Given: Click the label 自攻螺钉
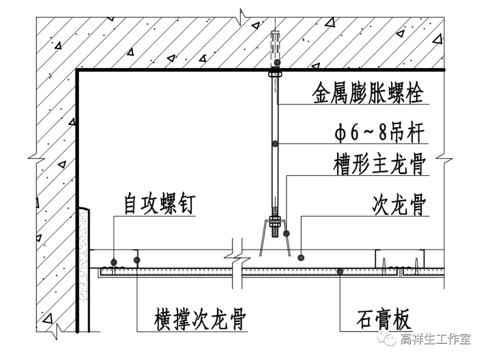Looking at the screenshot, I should pyautogui.click(x=160, y=204).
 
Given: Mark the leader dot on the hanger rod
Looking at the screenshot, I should pyautogui.click(x=276, y=144).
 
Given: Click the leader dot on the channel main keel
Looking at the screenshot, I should pyautogui.click(x=286, y=234).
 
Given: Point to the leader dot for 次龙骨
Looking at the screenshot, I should pyautogui.click(x=301, y=258).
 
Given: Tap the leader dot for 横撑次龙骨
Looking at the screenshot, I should pyautogui.click(x=137, y=261).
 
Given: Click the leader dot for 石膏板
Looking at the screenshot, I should pyautogui.click(x=340, y=272).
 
